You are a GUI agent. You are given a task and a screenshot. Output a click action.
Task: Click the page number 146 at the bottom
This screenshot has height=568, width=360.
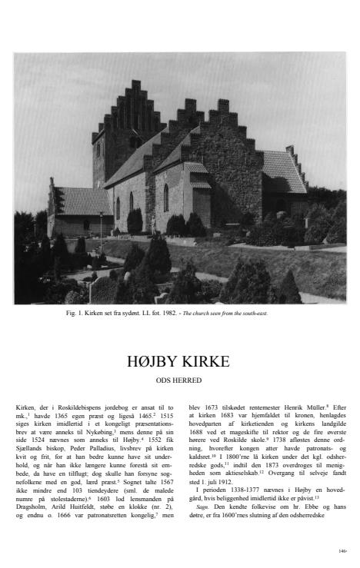[x=342, y=551]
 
